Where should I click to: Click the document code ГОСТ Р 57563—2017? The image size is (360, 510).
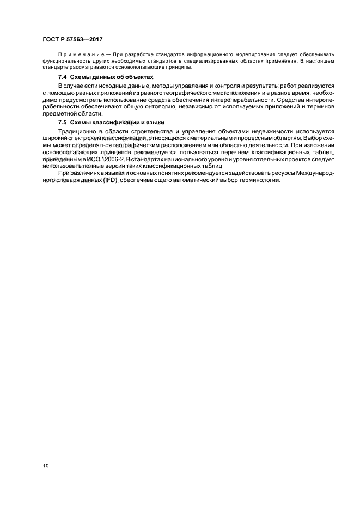click(72, 40)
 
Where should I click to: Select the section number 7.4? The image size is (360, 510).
click(62, 77)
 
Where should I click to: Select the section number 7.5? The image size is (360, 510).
click(62, 122)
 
